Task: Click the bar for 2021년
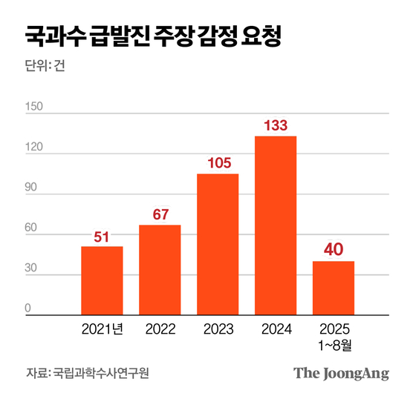[x=102, y=280]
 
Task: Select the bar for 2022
[x=160, y=270]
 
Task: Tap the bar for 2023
[x=218, y=245]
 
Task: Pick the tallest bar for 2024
[x=276, y=225]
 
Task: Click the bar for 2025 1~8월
[x=334, y=288]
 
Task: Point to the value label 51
[x=102, y=237]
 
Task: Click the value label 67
[x=160, y=215]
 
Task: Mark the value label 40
[x=334, y=251]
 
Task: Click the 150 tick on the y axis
[x=34, y=107]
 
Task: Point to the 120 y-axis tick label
[x=34, y=148]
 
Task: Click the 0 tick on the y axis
[x=28, y=309]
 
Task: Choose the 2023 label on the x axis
[x=218, y=329]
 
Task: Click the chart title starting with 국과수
[x=153, y=36]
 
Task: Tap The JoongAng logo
[x=341, y=372]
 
